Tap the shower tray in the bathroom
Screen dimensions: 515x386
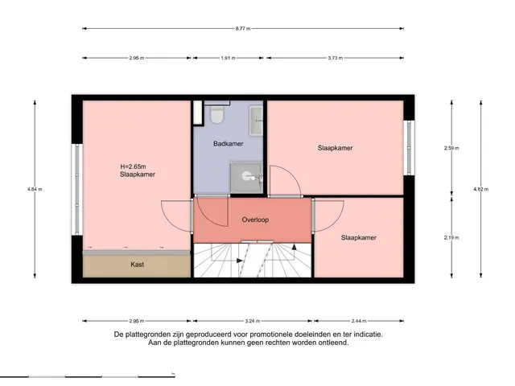tap(246, 177)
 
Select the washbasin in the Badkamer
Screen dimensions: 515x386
tap(256, 121)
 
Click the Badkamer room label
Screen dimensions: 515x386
tap(229, 144)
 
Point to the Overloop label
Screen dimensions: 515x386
tap(255, 220)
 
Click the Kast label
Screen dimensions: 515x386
tap(137, 265)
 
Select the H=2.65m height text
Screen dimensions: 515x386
tap(133, 166)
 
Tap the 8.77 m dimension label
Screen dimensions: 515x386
tap(243, 29)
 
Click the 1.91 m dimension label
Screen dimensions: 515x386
tap(228, 58)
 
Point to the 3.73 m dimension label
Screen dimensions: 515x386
tap(335, 58)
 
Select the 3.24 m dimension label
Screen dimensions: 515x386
tap(252, 321)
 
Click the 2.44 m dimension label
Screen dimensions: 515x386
tap(359, 321)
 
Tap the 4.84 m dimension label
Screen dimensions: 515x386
tap(35, 189)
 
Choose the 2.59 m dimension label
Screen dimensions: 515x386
tap(451, 148)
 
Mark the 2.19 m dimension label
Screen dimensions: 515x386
tap(451, 238)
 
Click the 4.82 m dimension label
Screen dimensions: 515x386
tap(481, 189)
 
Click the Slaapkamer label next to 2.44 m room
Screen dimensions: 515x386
tap(359, 238)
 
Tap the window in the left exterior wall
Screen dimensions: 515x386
tap(77, 190)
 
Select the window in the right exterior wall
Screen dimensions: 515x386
tap(409, 148)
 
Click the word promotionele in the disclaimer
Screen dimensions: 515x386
tap(270, 335)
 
